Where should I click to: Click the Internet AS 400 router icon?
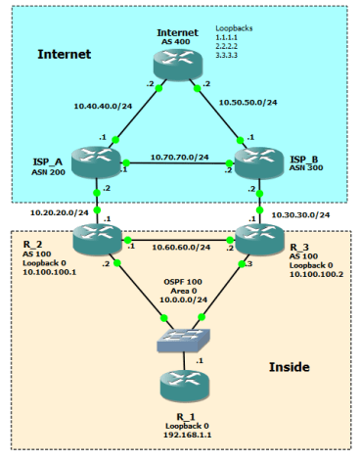179,65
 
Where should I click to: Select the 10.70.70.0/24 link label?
178,155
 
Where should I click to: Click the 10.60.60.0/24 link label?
178,249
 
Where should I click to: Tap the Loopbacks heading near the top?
234,31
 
